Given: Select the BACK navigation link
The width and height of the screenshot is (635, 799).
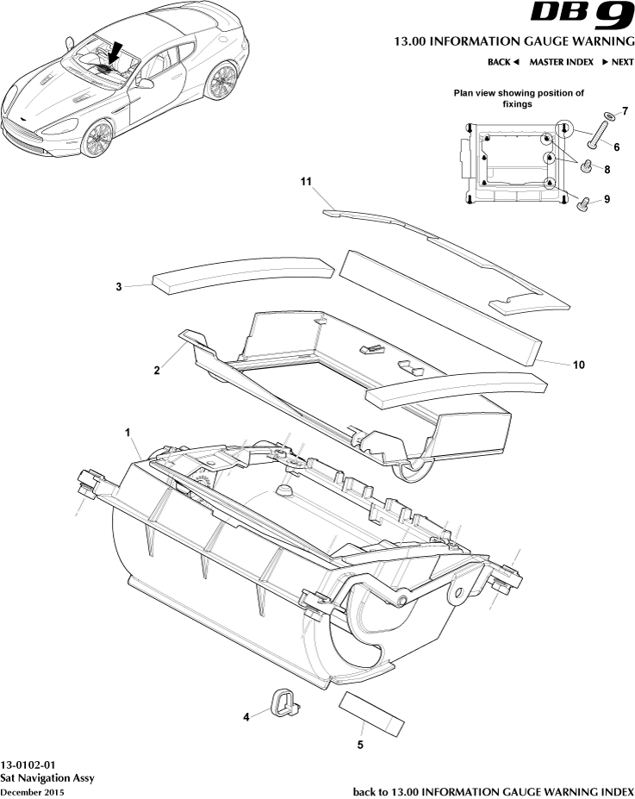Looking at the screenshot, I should coord(503,62).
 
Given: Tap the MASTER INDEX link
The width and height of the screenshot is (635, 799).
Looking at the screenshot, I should coord(561,62).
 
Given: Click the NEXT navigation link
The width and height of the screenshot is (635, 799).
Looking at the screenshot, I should coord(617,62).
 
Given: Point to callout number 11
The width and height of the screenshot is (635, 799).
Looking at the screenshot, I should coord(304,182).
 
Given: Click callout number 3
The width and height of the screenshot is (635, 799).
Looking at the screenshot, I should coord(120,287).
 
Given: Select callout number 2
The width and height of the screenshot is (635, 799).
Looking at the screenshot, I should coord(157,371).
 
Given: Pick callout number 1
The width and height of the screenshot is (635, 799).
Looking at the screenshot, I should coord(128,429).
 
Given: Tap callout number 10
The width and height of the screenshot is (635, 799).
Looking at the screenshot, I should coord(579,365).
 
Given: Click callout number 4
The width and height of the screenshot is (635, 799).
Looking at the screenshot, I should coord(246,715).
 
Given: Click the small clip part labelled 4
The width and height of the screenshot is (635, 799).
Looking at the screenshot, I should coord(283,702).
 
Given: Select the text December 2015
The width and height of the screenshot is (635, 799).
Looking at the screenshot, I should coord(32,791).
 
